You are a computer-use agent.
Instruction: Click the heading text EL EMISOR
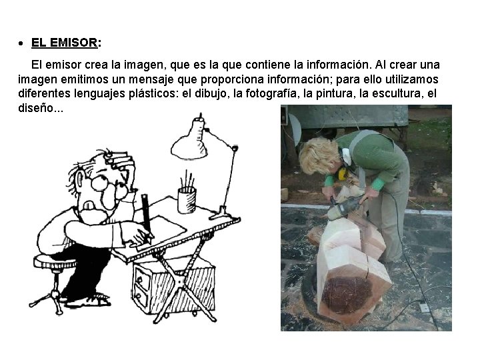tap(64, 43)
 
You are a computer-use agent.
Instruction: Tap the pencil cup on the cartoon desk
tap(187, 199)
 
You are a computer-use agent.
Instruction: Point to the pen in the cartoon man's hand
tap(145, 213)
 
